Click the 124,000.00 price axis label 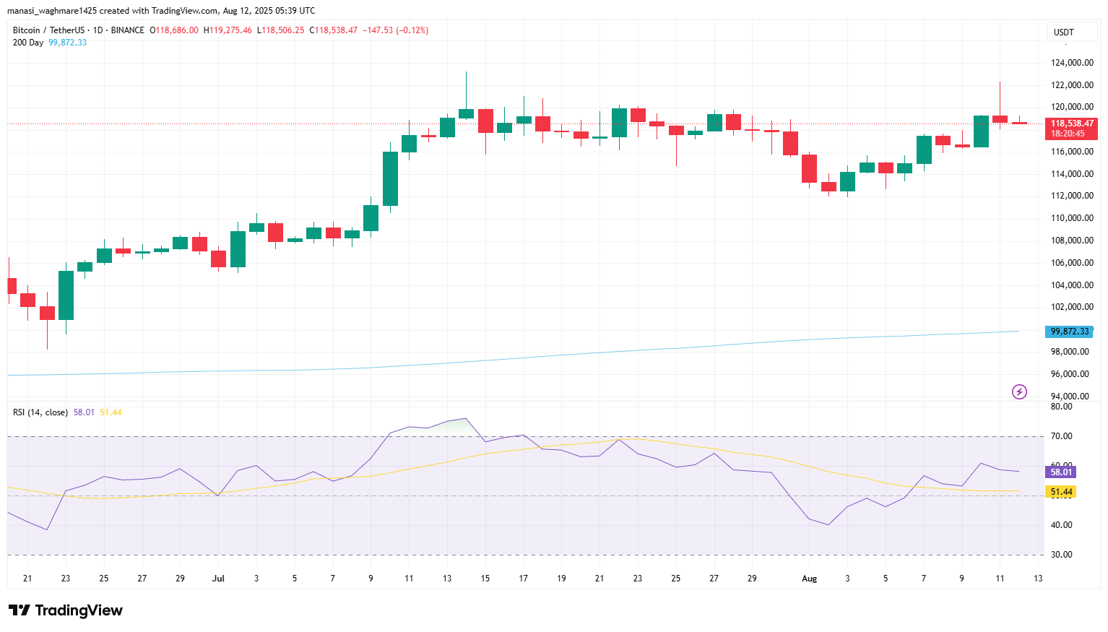pyautogui.click(x=1071, y=63)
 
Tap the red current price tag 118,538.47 pyautogui.click(x=1071, y=124)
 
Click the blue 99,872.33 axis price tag pyautogui.click(x=1070, y=332)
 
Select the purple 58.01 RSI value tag pyautogui.click(x=1061, y=472)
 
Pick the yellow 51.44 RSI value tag pyautogui.click(x=1061, y=492)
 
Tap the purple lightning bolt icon pyautogui.click(x=1019, y=392)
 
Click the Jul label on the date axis pyautogui.click(x=218, y=579)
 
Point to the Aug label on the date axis pyautogui.click(x=809, y=579)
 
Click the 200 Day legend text pyautogui.click(x=28, y=43)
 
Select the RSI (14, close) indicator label pyautogui.click(x=40, y=412)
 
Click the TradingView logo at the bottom pyautogui.click(x=66, y=610)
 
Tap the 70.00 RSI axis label pyautogui.click(x=1061, y=436)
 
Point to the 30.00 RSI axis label pyautogui.click(x=1061, y=555)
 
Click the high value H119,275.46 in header pyautogui.click(x=228, y=30)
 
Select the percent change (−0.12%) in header pyautogui.click(x=412, y=30)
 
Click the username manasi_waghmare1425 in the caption pyautogui.click(x=51, y=11)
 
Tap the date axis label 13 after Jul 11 pyautogui.click(x=447, y=579)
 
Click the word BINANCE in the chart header pyautogui.click(x=128, y=30)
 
